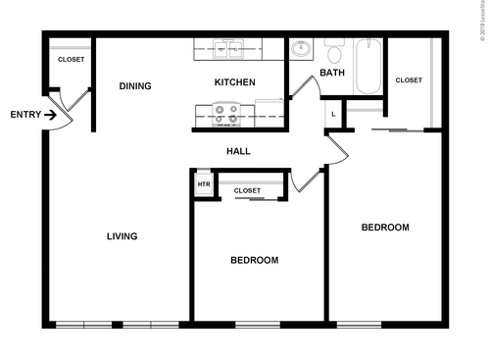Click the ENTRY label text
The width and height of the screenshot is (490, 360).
(x=25, y=115)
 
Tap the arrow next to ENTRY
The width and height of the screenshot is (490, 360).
(x=50, y=115)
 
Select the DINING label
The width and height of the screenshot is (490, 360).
(x=135, y=86)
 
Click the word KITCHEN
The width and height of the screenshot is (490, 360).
(x=235, y=82)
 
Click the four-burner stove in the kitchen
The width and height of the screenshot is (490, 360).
(x=226, y=115)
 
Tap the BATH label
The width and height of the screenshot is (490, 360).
(x=332, y=73)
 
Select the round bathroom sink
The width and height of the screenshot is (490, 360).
(x=301, y=49)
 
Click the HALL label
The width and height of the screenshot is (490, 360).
(x=238, y=151)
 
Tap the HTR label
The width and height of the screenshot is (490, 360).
(x=204, y=183)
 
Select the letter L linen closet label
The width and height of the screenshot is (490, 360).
(x=333, y=115)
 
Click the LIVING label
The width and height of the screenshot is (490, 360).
(x=122, y=235)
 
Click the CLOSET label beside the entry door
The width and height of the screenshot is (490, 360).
(x=71, y=60)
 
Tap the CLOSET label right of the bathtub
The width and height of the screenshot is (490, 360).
(x=409, y=80)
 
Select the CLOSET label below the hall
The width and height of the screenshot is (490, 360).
(x=247, y=190)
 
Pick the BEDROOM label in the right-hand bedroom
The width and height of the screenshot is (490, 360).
(x=385, y=228)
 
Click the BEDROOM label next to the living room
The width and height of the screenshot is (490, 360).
(x=254, y=260)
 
